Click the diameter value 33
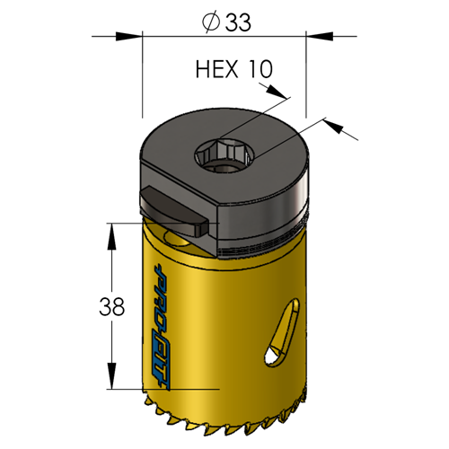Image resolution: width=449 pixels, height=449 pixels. tap(238, 22)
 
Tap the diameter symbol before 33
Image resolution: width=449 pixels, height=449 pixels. tap(211, 22)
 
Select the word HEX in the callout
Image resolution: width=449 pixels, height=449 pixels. tap(216, 69)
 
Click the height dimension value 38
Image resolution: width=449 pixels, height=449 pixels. tap(111, 306)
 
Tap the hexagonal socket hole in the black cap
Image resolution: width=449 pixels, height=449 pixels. tap(224, 155)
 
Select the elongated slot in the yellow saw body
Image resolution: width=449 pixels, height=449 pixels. tap(282, 332)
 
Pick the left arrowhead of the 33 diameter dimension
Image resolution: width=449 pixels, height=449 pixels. tap(129, 36)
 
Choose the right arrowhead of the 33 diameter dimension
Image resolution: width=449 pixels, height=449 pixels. tap(319, 36)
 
